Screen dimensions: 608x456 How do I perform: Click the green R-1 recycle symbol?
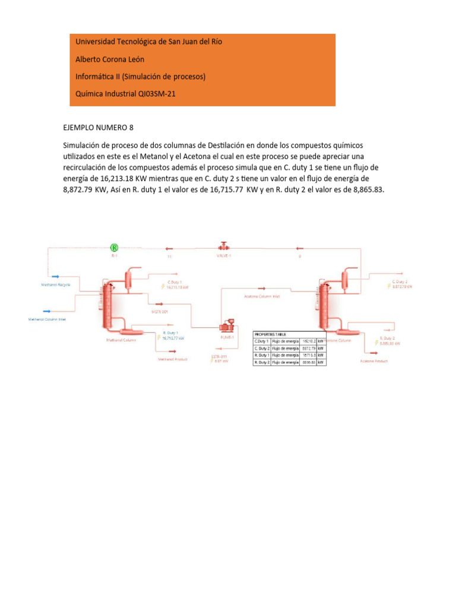115,247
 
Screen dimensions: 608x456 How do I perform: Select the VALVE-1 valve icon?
224,246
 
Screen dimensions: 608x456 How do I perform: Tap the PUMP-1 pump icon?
227,327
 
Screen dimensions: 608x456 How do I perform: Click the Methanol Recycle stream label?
56,285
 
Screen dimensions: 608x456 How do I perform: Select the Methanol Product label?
172,359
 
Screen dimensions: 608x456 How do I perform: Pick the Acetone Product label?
374,360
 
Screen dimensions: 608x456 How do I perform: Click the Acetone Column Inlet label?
261,296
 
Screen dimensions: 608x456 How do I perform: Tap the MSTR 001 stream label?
156,311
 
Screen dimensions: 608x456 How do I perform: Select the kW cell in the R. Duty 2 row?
321,362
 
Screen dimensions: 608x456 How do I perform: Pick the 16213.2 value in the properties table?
308,341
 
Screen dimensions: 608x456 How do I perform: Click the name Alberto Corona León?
110,59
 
